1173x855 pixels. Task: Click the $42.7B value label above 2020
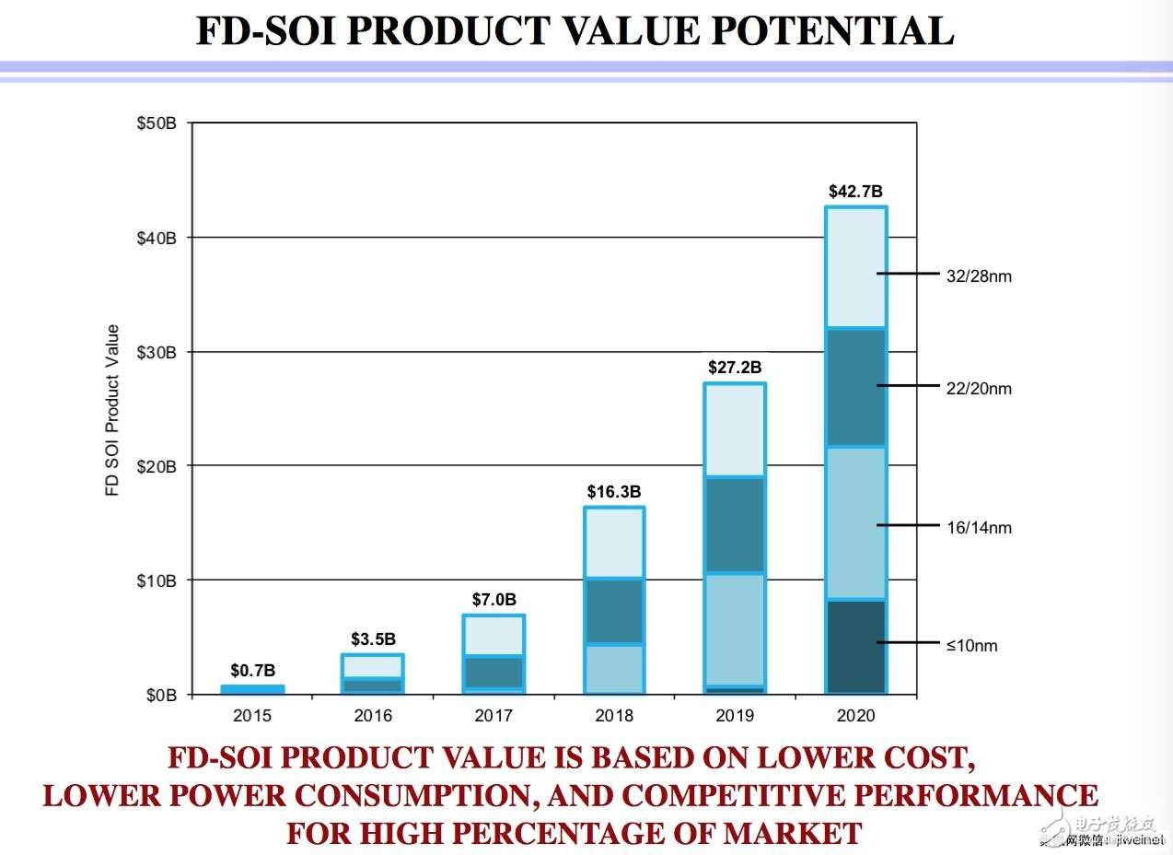coord(855,192)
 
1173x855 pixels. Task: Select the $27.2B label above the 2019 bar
coord(735,368)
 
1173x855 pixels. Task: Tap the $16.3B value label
coord(614,492)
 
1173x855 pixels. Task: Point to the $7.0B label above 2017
coord(494,600)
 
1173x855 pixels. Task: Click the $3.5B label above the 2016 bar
coord(373,638)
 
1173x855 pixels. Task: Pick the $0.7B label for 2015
coord(252,670)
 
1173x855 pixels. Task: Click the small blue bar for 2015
coord(252,689)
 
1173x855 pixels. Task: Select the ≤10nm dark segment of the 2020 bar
coord(855,646)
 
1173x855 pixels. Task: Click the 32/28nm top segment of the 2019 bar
coord(735,429)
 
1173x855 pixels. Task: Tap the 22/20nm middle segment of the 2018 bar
coord(614,611)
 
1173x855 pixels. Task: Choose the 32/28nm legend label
coord(979,275)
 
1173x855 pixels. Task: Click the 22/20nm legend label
coord(979,389)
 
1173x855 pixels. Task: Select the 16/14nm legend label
coord(979,528)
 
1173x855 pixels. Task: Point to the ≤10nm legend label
coord(971,646)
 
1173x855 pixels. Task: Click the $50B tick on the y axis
coord(156,123)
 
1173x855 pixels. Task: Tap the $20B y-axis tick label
coord(156,466)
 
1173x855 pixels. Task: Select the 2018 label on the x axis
coord(614,716)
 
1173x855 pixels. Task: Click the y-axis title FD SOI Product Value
coord(113,410)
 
